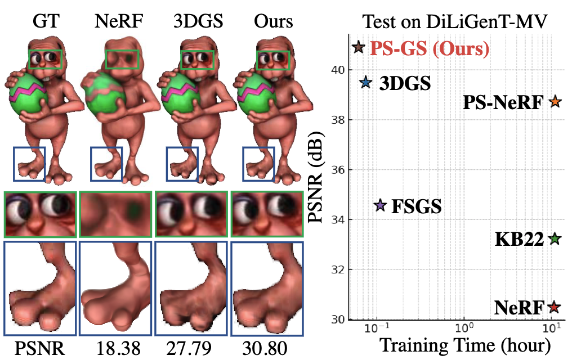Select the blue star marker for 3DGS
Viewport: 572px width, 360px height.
click(365, 83)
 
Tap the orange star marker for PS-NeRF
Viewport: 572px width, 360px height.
click(555, 102)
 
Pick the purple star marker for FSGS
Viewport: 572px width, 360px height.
click(380, 206)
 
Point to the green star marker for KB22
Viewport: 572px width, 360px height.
click(555, 239)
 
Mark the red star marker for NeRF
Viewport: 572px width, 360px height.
click(555, 307)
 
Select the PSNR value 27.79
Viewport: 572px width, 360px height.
click(191, 349)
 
